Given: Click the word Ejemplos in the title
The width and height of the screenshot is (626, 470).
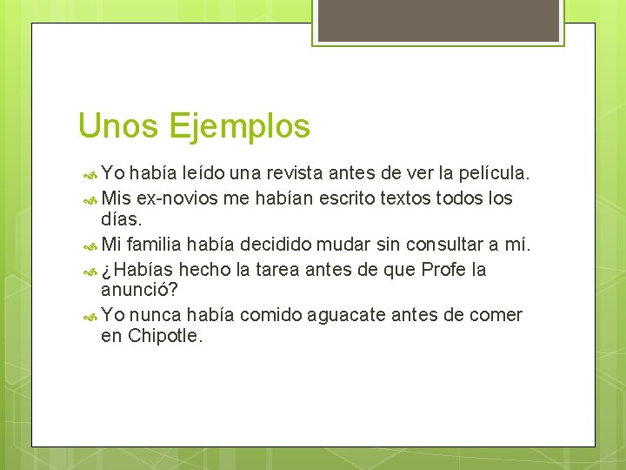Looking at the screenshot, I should point(239,127).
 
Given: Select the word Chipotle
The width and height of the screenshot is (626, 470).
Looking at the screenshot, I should point(164,337).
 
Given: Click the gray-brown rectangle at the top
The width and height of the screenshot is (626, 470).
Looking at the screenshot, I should point(438,20).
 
